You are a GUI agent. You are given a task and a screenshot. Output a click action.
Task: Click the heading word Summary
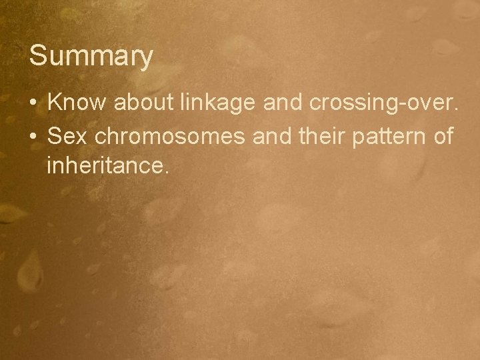tap(91, 57)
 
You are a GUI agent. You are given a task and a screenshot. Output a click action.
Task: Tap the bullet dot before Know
tap(33, 104)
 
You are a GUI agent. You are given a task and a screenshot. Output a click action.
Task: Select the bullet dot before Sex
tap(33, 136)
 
